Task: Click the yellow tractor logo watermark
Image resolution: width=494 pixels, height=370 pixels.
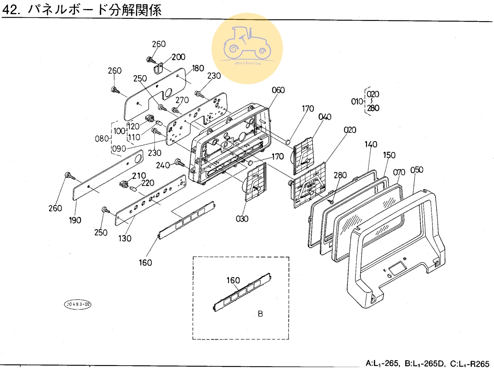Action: (x=247, y=49)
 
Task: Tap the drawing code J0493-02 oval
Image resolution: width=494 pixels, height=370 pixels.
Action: (x=78, y=304)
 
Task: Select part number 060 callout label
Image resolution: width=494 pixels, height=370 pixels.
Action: (x=278, y=90)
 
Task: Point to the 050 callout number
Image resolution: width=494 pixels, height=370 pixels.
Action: (x=417, y=170)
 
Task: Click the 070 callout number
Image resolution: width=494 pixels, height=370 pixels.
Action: (x=399, y=172)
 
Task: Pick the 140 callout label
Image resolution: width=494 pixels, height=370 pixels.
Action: (x=371, y=144)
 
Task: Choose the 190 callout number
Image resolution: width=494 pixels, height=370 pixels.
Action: (x=75, y=220)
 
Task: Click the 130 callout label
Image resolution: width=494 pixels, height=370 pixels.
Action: (x=125, y=238)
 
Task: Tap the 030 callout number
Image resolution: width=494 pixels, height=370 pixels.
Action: (x=242, y=219)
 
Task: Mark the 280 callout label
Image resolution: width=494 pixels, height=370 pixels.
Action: (x=340, y=175)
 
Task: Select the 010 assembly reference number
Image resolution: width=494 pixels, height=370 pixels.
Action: (x=357, y=102)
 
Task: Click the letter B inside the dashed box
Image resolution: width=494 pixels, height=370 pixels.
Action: (x=260, y=314)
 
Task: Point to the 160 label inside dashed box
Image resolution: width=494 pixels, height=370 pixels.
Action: (x=233, y=280)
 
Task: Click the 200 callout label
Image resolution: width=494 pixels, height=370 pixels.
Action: (x=178, y=57)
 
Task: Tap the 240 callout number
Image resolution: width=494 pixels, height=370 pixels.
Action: (x=163, y=165)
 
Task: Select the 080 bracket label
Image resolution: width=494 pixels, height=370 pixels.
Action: (x=102, y=139)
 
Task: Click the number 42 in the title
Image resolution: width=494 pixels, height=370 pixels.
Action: (x=10, y=10)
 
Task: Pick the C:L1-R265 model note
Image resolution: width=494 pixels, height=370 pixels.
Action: (x=470, y=363)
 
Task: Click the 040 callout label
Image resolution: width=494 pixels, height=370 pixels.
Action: (x=325, y=117)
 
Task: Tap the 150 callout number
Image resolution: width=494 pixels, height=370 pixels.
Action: (x=389, y=155)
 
